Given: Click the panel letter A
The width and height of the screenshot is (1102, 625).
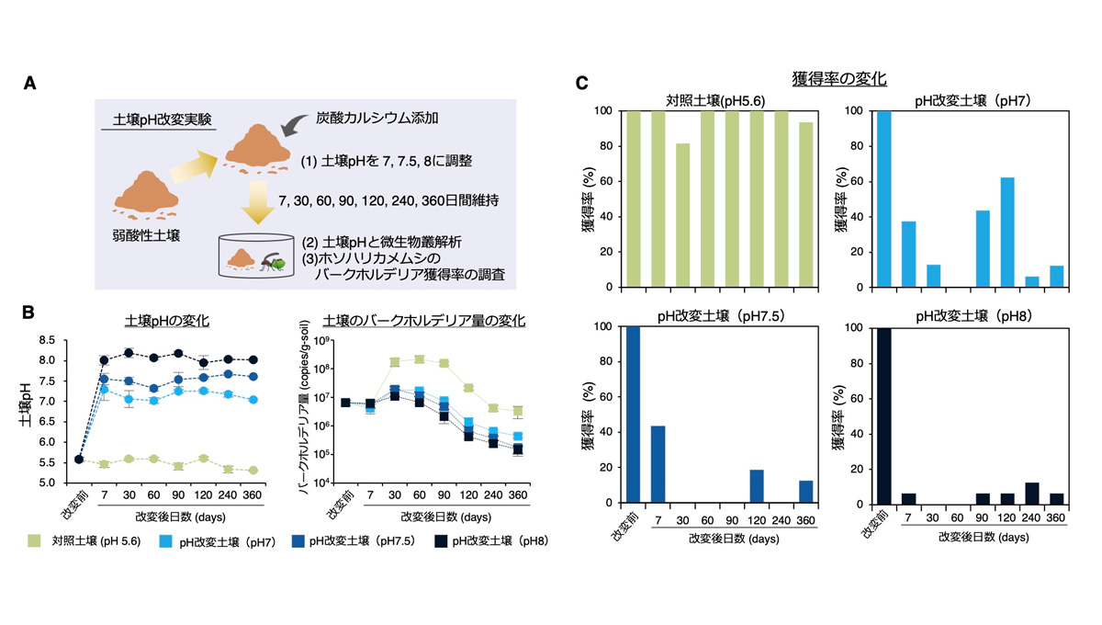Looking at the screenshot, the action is (x=29, y=83).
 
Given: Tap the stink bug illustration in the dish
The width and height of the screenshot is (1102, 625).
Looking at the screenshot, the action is (x=273, y=262).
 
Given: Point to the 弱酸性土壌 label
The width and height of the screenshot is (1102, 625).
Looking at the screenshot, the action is (x=146, y=235).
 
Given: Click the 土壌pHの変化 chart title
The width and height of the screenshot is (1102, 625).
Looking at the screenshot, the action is (x=167, y=321).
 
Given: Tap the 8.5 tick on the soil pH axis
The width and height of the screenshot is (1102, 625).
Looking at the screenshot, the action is (x=47, y=340).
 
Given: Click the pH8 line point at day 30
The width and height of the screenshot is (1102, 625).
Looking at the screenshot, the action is (x=129, y=353).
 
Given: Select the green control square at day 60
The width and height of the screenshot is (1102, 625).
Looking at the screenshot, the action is (x=419, y=359).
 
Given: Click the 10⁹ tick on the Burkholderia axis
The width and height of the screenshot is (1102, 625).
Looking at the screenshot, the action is (x=322, y=341).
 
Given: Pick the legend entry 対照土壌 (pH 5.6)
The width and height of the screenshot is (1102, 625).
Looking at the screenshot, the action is (x=84, y=540).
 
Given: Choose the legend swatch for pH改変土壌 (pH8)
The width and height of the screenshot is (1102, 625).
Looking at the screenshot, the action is (x=441, y=541).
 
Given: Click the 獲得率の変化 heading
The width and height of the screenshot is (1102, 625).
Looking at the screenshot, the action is (x=839, y=79).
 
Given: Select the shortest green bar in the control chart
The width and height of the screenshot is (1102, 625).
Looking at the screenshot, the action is (x=683, y=215).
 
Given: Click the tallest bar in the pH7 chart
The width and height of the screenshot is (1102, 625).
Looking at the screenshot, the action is (x=884, y=199).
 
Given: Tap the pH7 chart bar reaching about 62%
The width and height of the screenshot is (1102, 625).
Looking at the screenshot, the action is (x=1007, y=232).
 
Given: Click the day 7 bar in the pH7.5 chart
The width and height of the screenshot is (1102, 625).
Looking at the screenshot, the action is (x=658, y=464).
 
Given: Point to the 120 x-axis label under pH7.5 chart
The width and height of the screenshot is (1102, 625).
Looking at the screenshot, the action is (x=757, y=520).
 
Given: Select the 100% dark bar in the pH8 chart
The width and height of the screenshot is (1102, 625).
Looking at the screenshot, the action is (x=884, y=415).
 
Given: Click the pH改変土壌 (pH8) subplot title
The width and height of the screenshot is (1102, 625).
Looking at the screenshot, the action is (x=973, y=316).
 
